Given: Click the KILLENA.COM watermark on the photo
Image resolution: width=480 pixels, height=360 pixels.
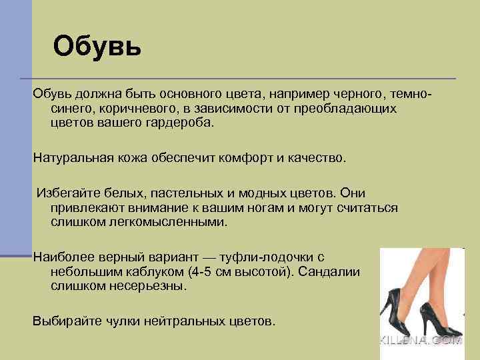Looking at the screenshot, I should (x=421, y=340).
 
